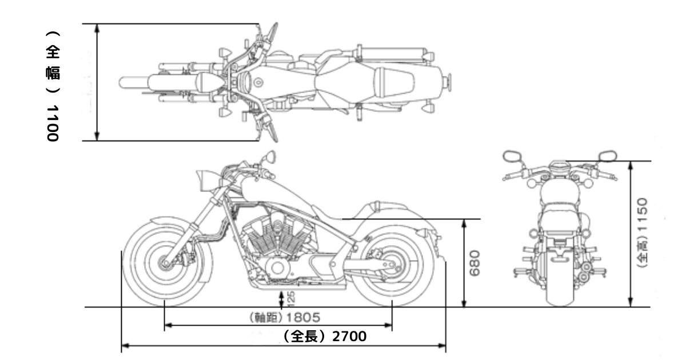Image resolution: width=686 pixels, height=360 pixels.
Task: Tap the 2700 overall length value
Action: point(349,337)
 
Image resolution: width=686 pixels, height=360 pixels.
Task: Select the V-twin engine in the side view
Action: point(274,240)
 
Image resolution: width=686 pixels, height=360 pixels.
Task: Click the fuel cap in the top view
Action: point(258,82)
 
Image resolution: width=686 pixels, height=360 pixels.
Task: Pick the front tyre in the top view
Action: point(133,82)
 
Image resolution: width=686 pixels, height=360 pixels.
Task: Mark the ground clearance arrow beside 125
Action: point(281,298)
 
